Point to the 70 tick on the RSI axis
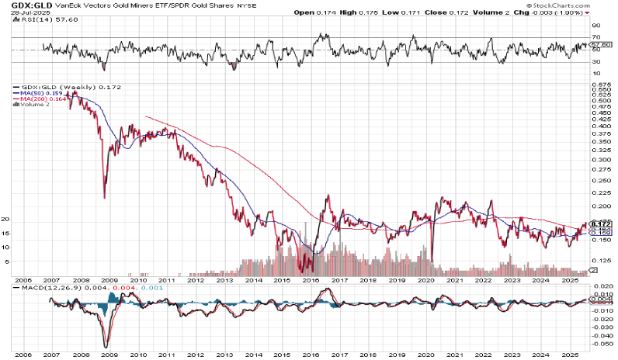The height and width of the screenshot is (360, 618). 596,36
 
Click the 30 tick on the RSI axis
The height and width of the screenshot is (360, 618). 596,63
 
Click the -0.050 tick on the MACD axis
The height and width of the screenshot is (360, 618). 600,342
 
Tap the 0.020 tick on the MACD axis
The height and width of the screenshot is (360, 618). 600,287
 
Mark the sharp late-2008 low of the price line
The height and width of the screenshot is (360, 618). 104,197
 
